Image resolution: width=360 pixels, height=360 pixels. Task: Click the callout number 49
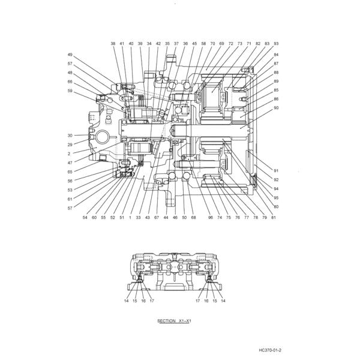pos(70,55)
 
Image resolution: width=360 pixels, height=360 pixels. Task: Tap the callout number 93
pos(276,44)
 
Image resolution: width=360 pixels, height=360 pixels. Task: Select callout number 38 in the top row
pos(113,44)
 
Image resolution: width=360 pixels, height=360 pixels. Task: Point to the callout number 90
pos(276,108)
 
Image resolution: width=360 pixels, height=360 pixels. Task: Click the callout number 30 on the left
pos(70,136)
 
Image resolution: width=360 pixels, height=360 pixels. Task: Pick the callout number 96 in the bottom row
pos(210,217)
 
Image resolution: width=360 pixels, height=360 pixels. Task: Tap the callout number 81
pos(273,217)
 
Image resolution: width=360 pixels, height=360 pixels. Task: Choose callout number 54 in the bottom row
pos(85,217)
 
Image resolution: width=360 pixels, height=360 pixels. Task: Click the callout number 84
pos(276,55)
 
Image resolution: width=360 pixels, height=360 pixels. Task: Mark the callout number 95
pos(276,197)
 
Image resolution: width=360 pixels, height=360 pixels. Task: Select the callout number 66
pos(70,82)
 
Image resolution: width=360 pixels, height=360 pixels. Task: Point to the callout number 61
pos(70,199)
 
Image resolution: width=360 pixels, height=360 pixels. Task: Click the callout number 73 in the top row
pos(239,44)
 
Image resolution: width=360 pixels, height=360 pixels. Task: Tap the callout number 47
pos(70,163)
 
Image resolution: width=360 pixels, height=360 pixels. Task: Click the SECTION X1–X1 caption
pos(174,321)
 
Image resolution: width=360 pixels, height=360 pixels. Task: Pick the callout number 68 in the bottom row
pos(193,217)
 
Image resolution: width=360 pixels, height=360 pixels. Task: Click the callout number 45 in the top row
pos(194,44)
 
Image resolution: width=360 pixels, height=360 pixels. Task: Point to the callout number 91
pos(276,170)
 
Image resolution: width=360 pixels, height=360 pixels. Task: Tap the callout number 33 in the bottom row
pos(138,217)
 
